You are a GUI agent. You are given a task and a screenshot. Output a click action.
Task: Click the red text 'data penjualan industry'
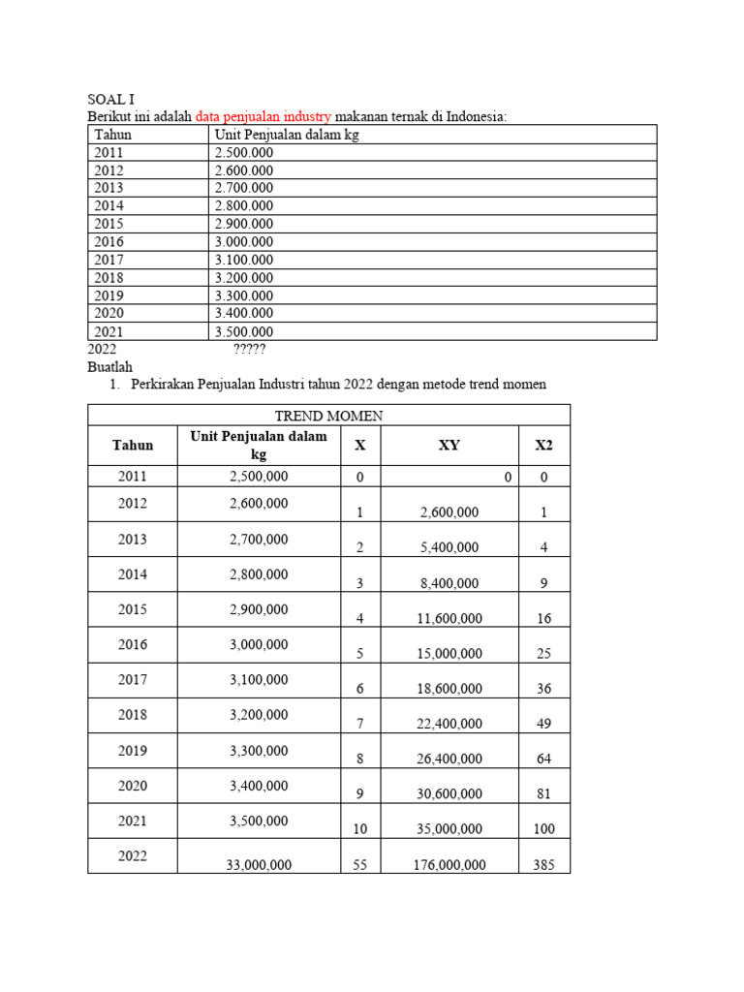pos(263,116)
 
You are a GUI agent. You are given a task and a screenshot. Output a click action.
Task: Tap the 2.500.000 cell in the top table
pos(244,152)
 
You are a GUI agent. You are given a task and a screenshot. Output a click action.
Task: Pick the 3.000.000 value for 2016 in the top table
pos(244,241)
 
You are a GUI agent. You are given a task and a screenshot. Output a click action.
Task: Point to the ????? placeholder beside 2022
pos(249,349)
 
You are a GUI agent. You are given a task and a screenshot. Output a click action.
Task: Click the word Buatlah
pos(109,366)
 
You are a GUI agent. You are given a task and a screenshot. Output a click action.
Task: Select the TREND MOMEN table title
pos(328,416)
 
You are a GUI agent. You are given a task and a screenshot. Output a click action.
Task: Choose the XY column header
pos(449,446)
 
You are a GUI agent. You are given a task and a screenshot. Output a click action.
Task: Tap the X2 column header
pos(543,446)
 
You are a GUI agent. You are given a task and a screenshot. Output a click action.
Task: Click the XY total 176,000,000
pos(449,865)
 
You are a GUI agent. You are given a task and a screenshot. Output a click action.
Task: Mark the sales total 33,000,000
pos(259,865)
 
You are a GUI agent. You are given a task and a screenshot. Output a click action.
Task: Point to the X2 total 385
pos(543,865)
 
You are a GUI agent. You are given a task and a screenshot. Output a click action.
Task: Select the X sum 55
pos(359,865)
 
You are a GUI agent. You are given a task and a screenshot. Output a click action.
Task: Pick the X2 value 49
pos(543,724)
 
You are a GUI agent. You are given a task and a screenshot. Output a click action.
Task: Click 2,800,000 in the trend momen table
pos(259,574)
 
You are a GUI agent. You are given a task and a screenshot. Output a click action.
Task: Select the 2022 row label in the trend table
pos(133,855)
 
